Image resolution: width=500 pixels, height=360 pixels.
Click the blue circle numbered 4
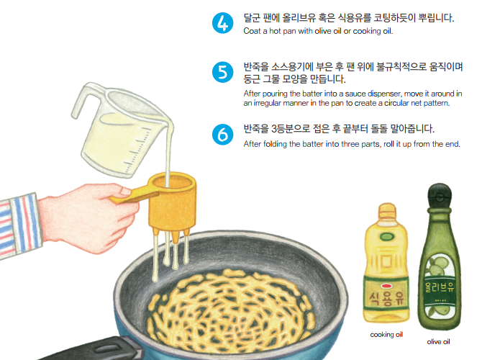click(223, 23)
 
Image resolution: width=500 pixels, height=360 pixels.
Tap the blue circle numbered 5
click(223, 73)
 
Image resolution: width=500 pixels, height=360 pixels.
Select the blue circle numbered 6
click(223, 135)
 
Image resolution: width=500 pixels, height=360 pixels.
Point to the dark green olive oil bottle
click(438, 259)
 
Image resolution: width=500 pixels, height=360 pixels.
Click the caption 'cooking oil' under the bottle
click(386, 335)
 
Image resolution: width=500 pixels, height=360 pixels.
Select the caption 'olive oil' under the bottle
click(438, 341)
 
